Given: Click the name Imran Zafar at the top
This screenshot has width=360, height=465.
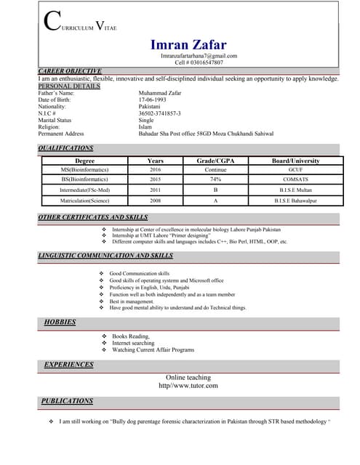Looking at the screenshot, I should pyautogui.click(x=188, y=45).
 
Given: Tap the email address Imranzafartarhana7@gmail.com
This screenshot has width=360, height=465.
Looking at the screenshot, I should pyautogui.click(x=199, y=56).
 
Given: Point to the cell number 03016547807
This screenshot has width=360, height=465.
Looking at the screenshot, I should pyautogui.click(x=199, y=63).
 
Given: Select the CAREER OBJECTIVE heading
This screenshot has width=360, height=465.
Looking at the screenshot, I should pyautogui.click(x=69, y=71).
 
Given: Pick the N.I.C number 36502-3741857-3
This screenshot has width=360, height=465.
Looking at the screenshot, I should pyautogui.click(x=160, y=113).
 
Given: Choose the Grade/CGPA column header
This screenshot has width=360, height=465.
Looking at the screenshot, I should pyautogui.click(x=216, y=161).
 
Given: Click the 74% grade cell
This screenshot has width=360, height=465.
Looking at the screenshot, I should pyautogui.click(x=216, y=179).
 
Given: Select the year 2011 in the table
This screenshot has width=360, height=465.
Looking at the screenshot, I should pyautogui.click(x=156, y=190).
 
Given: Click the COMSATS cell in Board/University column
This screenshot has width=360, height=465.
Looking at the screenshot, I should pyautogui.click(x=295, y=179).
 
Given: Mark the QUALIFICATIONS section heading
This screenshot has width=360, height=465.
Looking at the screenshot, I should pyautogui.click(x=65, y=148).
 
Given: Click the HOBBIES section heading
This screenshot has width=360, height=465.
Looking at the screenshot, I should pyautogui.click(x=60, y=322).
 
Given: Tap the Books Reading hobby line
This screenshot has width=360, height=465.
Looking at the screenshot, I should pyautogui.click(x=131, y=336).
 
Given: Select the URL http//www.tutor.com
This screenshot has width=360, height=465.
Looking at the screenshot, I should pyautogui.click(x=188, y=386).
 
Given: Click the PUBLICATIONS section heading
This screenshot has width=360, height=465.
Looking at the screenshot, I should pyautogui.click(x=67, y=401).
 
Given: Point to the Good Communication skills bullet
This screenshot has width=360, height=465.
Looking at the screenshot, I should pyautogui.click(x=139, y=273).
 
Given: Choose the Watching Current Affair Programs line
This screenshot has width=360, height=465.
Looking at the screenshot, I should pyautogui.click(x=153, y=350).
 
